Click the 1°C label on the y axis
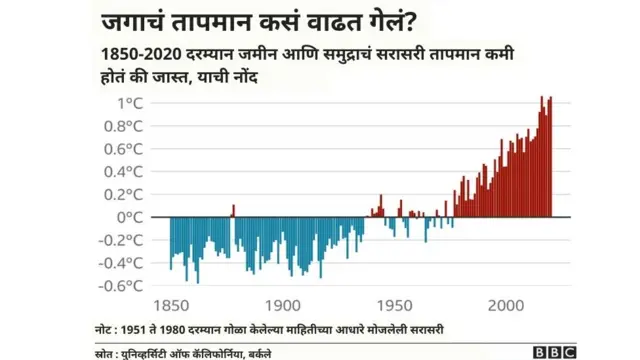tap(131, 102)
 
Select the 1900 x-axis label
tap(283, 305)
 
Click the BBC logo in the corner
tap(552, 351)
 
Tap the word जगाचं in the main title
tap(136, 22)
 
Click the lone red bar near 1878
tap(233, 211)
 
